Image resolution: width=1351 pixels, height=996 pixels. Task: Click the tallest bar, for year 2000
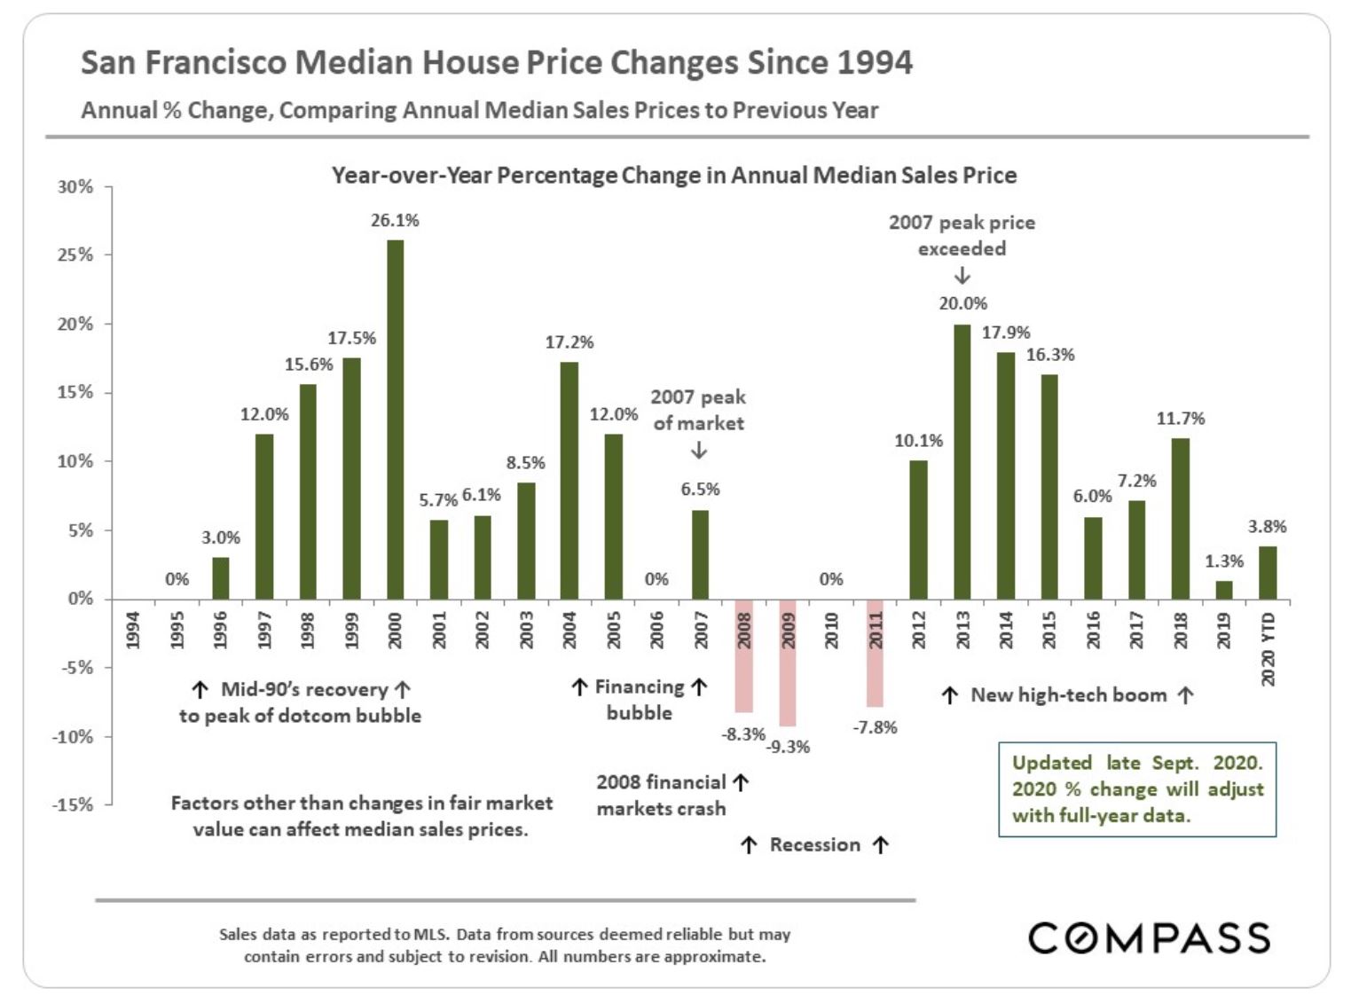click(395, 420)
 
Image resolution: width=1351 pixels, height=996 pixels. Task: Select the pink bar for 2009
click(787, 663)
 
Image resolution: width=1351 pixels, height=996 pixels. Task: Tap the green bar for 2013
click(962, 462)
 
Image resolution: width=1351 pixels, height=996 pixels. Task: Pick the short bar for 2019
click(1223, 591)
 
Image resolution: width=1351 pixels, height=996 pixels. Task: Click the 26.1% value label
click(395, 220)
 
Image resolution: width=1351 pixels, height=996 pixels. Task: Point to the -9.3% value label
click(788, 747)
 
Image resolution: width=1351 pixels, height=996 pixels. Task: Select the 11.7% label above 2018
click(1180, 419)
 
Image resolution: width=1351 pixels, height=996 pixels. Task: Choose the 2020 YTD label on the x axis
click(1268, 648)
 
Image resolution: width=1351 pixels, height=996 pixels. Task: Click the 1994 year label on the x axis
click(133, 630)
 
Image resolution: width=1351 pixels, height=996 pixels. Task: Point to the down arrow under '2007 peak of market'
click(699, 451)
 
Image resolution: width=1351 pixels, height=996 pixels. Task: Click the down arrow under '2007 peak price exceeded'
click(962, 276)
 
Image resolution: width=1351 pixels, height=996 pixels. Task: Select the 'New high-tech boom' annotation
click(1068, 695)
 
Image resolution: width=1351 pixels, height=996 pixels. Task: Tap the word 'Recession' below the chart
click(814, 845)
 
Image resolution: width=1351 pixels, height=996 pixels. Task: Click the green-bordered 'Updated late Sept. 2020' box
click(1137, 789)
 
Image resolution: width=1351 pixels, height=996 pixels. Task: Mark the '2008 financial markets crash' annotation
click(662, 796)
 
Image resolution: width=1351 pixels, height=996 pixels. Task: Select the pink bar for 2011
click(875, 653)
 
